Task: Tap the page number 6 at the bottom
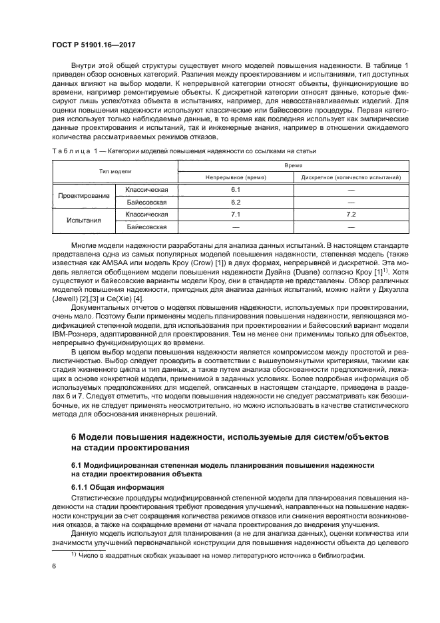tap(54, 566)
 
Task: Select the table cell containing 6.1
tap(235, 190)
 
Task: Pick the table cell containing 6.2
tap(235, 202)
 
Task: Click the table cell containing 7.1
tap(235, 215)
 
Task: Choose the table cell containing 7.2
tap(351, 215)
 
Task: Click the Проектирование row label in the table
tap(83, 196)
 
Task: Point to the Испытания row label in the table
tap(83, 221)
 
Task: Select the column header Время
tap(293, 165)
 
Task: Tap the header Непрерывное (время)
tap(235, 177)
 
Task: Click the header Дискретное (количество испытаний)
tap(351, 177)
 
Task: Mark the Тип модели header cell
tap(115, 171)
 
